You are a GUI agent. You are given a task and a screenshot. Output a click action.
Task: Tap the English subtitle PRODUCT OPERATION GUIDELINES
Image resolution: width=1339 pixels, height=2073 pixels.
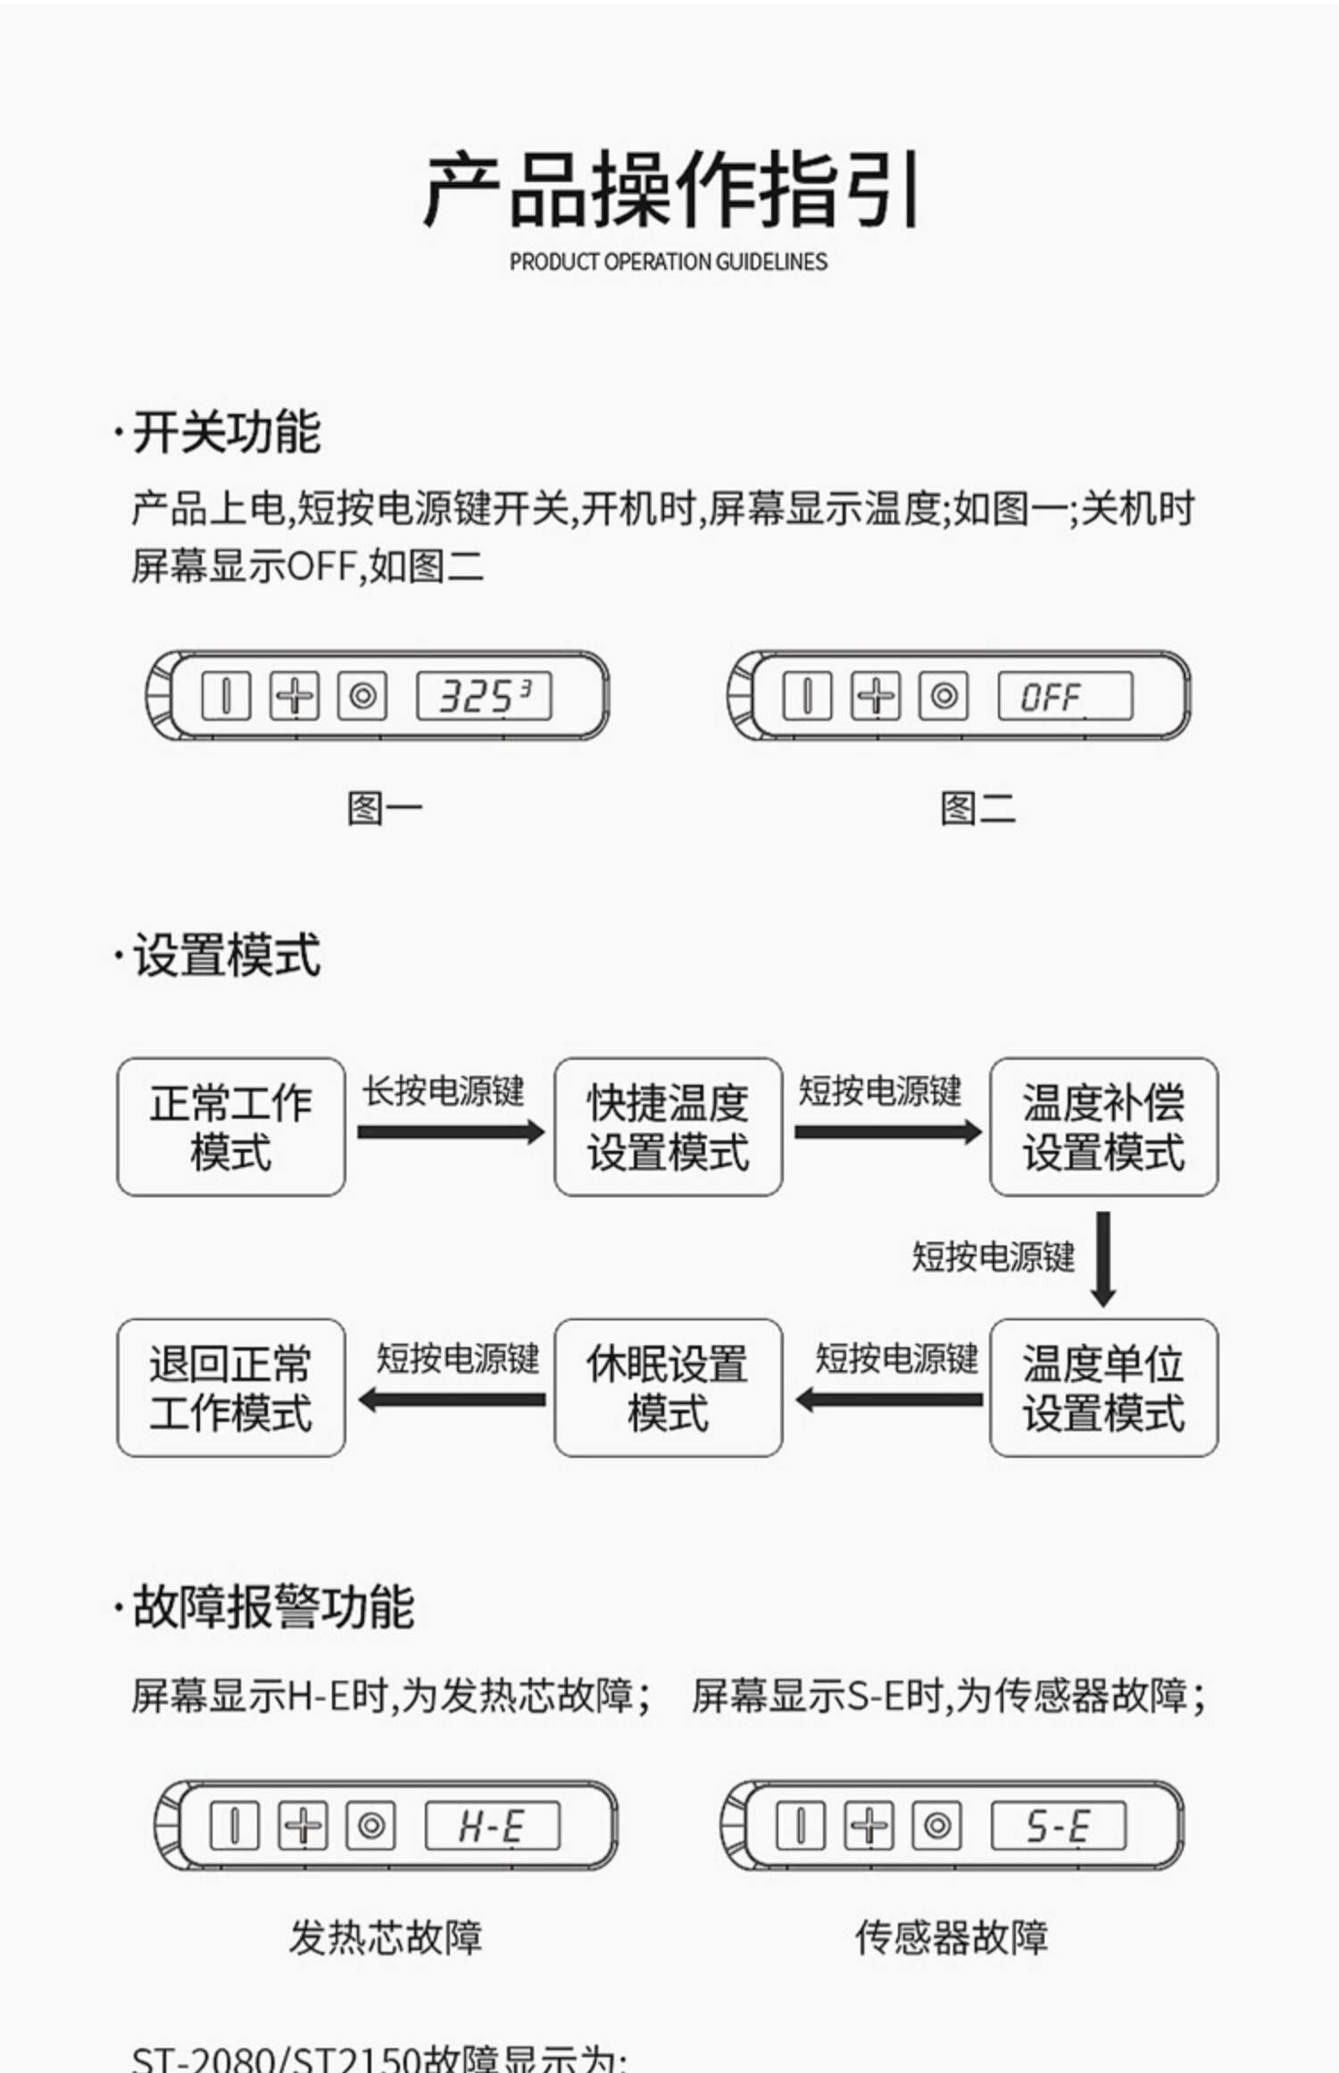(x=668, y=262)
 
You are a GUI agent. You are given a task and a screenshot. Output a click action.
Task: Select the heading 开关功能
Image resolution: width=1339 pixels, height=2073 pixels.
(x=226, y=432)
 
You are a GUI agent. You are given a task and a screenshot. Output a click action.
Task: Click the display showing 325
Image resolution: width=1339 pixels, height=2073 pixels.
(x=484, y=696)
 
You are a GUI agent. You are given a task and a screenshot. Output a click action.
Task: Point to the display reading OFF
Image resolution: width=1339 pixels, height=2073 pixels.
(x=1065, y=696)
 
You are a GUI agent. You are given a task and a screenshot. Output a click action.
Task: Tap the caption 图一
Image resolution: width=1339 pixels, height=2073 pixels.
(x=384, y=809)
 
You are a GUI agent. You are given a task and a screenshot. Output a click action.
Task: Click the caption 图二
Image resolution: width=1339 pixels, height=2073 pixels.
(x=977, y=809)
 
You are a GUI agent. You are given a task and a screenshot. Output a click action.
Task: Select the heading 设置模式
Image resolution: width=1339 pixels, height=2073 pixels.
(x=226, y=955)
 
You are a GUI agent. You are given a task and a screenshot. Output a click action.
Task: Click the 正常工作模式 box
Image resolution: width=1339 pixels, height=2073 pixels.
(x=230, y=1127)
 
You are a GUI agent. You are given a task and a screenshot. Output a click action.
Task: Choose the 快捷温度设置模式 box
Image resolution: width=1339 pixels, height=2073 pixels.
(x=668, y=1127)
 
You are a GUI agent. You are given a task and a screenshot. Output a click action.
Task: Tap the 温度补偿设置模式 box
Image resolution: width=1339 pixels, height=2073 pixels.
(x=1103, y=1127)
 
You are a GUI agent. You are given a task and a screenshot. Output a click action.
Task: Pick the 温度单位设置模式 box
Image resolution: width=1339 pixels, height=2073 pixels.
(x=1103, y=1387)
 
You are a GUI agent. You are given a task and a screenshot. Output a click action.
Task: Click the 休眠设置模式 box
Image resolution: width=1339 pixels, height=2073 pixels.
(x=668, y=1387)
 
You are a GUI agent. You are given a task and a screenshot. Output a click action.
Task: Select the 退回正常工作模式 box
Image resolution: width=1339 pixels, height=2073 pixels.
(x=230, y=1387)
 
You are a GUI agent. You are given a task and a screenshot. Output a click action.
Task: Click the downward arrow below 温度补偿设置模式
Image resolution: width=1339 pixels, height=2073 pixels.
(x=1103, y=1257)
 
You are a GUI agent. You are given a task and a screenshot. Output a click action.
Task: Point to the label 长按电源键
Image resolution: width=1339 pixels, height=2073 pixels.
(x=443, y=1091)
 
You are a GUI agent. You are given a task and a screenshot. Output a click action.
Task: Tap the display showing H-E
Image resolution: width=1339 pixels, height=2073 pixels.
(x=493, y=1826)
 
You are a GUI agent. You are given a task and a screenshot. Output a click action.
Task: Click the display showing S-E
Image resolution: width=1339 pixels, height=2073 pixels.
(x=1059, y=1826)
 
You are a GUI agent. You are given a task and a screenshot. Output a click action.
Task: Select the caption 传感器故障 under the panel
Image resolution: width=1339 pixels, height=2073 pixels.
(x=952, y=1938)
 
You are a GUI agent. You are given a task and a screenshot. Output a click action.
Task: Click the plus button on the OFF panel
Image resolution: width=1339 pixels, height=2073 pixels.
(x=876, y=696)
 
